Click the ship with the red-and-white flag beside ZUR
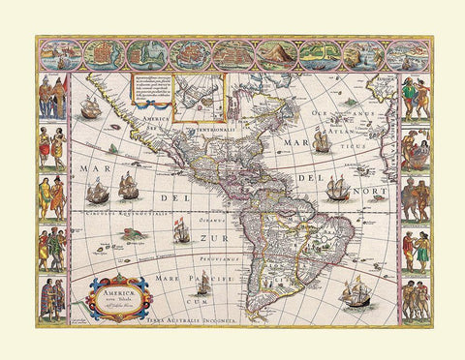(180, 230)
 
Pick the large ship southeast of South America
(356, 288)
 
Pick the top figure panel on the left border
(51, 96)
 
